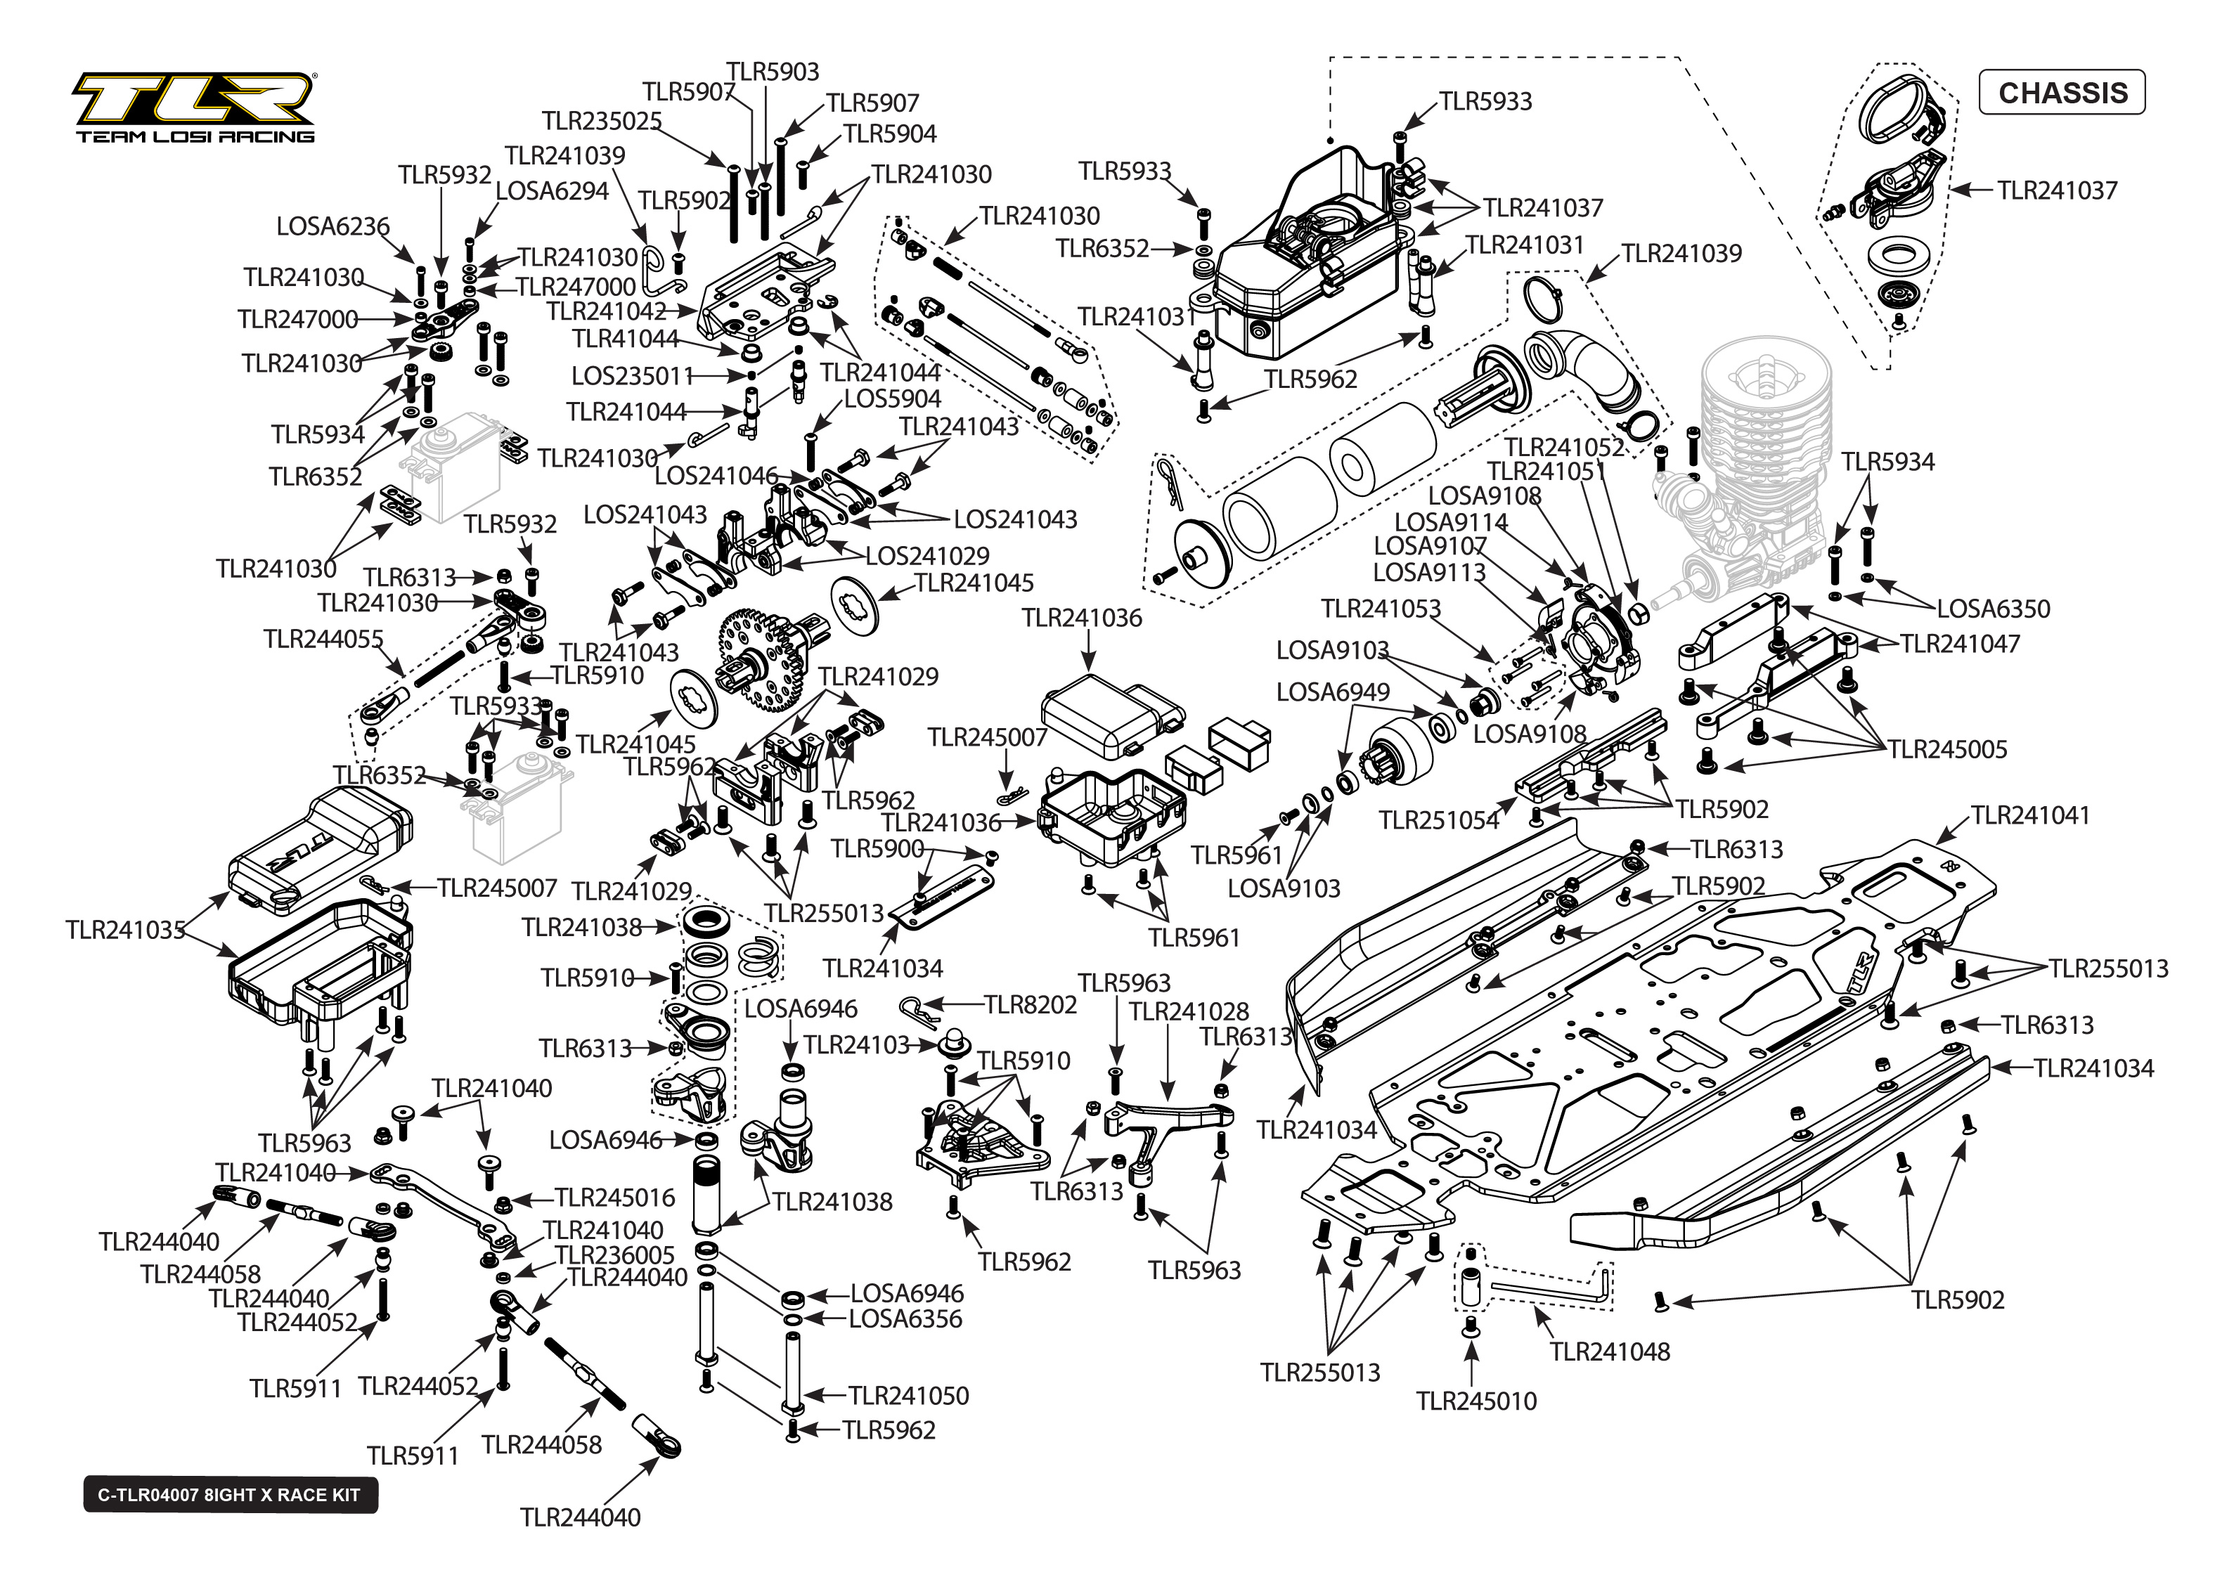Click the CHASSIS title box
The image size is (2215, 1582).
(2061, 93)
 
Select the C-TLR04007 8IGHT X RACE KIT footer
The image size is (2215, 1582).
(230, 1496)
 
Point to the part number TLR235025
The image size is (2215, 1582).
(602, 122)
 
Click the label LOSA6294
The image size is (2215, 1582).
(553, 191)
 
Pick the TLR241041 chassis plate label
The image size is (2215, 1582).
(2030, 815)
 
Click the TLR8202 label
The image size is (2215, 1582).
(1031, 1004)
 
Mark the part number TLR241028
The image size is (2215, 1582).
(1189, 1012)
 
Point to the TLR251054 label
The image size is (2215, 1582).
(1439, 821)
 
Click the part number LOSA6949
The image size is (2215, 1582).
(1333, 692)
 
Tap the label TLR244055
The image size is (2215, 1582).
(323, 639)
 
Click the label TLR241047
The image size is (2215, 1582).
(1960, 644)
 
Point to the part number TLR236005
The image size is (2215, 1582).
(614, 1254)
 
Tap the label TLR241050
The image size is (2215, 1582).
(908, 1396)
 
